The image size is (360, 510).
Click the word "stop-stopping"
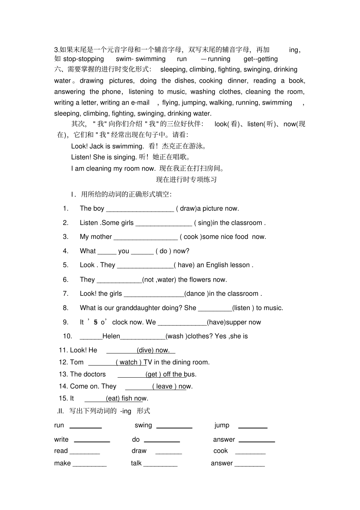click(x=83, y=59)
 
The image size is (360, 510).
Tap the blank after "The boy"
click(x=140, y=209)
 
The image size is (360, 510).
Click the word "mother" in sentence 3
click(x=101, y=237)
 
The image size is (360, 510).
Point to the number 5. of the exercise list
click(x=66, y=265)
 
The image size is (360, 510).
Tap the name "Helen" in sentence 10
click(x=111, y=336)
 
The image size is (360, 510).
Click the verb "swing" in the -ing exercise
click(x=143, y=425)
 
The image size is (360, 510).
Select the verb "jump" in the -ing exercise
click(x=222, y=425)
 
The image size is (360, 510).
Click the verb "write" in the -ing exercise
click(x=61, y=439)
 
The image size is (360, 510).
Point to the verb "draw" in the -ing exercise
click(x=139, y=451)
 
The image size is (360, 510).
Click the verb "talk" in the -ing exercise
click(x=136, y=463)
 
